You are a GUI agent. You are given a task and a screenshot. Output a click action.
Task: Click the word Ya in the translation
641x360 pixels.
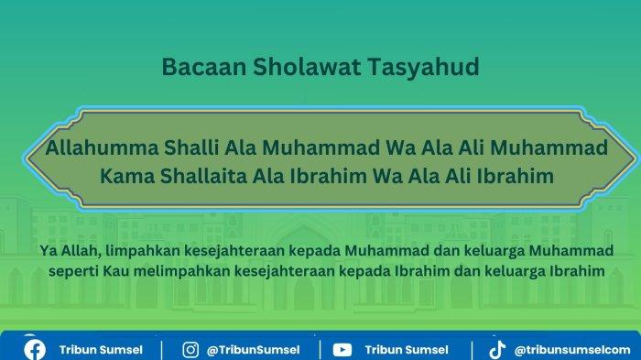click(49, 250)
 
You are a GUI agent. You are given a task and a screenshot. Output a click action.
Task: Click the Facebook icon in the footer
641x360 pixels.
click(35, 349)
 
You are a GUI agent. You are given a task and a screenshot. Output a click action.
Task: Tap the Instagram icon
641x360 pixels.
click(190, 349)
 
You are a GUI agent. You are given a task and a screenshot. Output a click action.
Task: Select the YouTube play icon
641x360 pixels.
click(342, 349)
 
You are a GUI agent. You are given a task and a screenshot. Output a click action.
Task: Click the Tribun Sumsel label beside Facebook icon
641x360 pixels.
click(101, 349)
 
